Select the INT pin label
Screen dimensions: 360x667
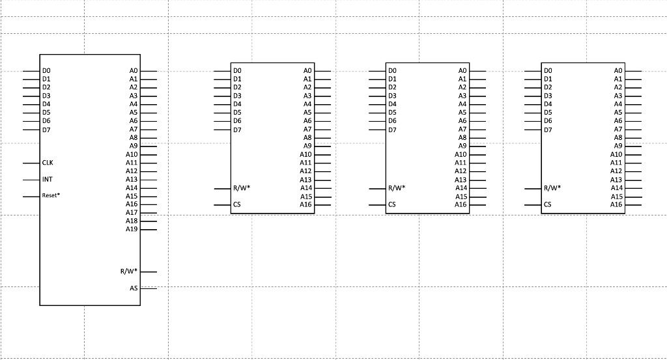click(x=47, y=179)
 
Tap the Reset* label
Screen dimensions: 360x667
click(x=51, y=195)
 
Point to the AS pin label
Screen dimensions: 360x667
click(x=134, y=288)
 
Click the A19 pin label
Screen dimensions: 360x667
click(x=132, y=229)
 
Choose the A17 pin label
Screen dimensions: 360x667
click(x=132, y=213)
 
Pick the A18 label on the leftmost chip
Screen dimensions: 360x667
click(x=132, y=221)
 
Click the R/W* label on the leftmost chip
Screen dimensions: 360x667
click(x=128, y=271)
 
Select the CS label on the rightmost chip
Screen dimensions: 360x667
click(x=548, y=204)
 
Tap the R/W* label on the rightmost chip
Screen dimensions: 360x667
click(x=552, y=188)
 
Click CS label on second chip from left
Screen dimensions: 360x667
click(x=237, y=204)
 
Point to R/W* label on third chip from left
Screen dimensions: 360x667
click(x=397, y=188)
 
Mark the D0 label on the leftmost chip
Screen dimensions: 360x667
click(x=46, y=70)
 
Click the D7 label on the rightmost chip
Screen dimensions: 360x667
click(x=548, y=130)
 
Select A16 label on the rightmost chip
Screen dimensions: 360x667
click(x=616, y=204)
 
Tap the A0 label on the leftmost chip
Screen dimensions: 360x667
click(x=134, y=70)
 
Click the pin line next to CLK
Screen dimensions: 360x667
click(x=31, y=163)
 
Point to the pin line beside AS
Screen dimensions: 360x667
click(x=149, y=288)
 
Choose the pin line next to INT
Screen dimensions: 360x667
click(x=31, y=179)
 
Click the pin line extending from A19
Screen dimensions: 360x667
click(x=149, y=229)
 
